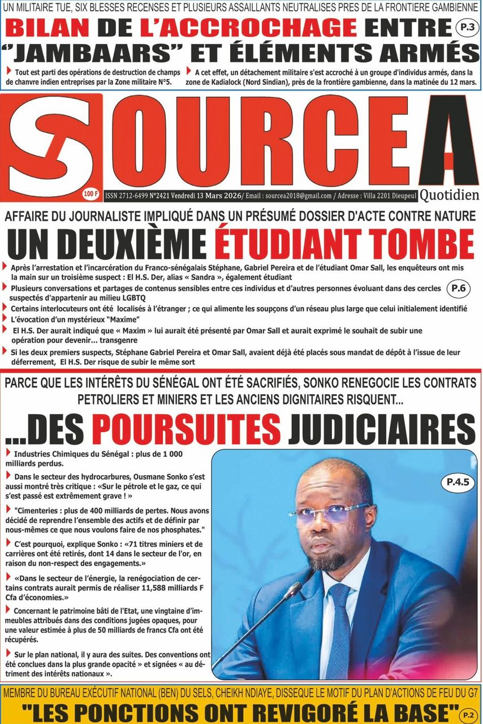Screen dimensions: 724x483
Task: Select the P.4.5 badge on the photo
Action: click(x=458, y=482)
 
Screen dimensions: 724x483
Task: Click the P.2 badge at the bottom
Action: click(x=468, y=714)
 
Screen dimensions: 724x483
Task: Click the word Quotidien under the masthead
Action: click(x=450, y=195)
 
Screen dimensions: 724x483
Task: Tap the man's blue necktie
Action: click(x=340, y=628)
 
